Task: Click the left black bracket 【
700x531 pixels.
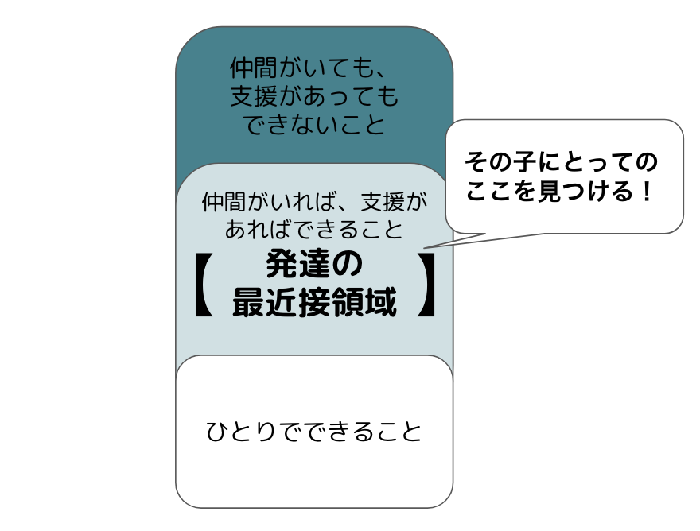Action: point(200,285)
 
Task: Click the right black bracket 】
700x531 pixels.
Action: point(427,285)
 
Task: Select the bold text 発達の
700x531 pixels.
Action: point(313,263)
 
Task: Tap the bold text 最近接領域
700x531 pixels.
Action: point(313,302)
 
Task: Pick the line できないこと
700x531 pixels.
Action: point(313,125)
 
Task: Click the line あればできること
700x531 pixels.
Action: point(313,229)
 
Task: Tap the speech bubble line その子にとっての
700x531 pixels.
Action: point(562,163)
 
